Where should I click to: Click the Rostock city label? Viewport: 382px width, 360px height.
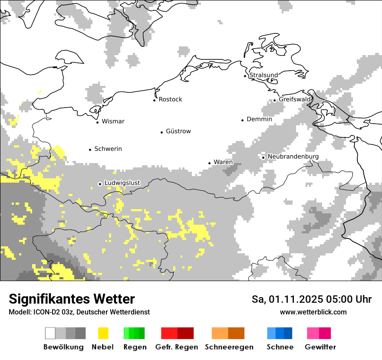[x=170, y=99]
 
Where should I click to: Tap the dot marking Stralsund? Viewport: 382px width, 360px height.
[x=245, y=76]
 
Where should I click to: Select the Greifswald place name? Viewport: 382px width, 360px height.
[x=295, y=99]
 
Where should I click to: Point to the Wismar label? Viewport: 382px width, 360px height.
[x=113, y=121]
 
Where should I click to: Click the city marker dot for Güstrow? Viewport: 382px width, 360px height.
[x=161, y=132]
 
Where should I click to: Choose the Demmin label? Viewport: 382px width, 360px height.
[x=259, y=119]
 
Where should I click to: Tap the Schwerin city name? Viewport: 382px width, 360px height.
[x=108, y=149]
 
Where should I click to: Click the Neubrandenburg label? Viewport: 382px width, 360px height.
[x=293, y=157]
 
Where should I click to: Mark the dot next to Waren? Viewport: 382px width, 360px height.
[x=209, y=163]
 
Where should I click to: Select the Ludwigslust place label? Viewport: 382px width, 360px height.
[x=122, y=183]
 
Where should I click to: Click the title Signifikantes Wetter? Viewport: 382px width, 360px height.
[x=72, y=299]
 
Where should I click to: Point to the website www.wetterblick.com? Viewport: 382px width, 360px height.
[x=313, y=312]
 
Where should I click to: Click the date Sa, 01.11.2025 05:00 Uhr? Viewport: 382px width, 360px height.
[x=311, y=299]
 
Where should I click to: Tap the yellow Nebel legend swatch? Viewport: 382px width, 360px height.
[x=103, y=333]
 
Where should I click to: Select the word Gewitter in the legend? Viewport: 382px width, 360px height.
[x=320, y=347]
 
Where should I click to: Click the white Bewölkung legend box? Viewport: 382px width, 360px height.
[x=50, y=333]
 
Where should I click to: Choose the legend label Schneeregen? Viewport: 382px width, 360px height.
[x=229, y=347]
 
